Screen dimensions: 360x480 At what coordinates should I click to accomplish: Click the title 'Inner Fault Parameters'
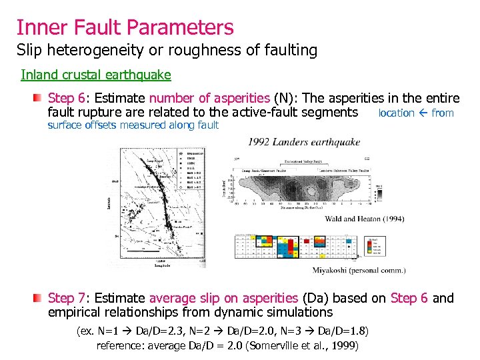125,27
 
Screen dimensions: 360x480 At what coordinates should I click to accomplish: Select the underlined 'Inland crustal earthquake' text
96,75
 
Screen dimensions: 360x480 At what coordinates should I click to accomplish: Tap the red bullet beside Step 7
40,298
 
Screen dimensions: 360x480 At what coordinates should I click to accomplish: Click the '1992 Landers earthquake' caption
304,142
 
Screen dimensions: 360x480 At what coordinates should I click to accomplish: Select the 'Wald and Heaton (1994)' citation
364,219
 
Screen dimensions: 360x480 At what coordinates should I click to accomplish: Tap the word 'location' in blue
396,113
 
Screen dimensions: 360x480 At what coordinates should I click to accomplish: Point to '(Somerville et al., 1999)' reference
303,345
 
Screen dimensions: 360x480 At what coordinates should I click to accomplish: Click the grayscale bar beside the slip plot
379,190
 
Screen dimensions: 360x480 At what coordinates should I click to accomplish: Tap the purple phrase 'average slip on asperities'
223,298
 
